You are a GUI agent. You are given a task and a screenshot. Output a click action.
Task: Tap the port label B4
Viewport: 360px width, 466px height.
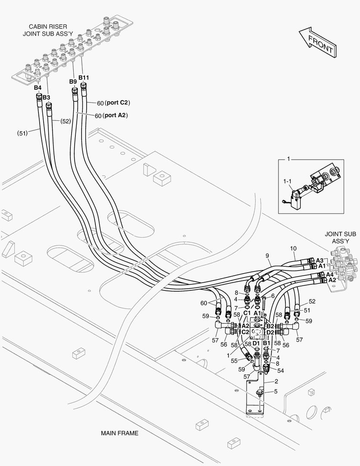click(x=38, y=88)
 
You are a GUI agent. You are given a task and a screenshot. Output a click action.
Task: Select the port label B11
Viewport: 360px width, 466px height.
click(x=84, y=78)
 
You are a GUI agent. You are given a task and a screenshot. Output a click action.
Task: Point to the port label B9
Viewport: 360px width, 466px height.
click(x=73, y=82)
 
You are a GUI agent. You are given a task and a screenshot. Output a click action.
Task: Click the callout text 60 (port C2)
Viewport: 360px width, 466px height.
click(x=113, y=103)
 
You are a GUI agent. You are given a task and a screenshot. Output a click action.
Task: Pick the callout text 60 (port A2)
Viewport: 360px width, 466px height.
click(x=111, y=115)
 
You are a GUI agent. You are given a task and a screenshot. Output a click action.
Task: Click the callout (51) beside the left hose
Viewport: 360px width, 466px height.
click(x=22, y=133)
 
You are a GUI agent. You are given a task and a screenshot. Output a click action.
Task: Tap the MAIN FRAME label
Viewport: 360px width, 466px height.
click(x=119, y=433)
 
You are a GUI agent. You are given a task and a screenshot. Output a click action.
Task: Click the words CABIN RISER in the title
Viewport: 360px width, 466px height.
click(x=47, y=26)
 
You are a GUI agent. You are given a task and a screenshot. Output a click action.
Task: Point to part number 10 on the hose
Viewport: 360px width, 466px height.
click(x=293, y=249)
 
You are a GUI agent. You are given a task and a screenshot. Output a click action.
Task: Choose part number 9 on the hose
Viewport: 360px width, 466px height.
click(x=268, y=255)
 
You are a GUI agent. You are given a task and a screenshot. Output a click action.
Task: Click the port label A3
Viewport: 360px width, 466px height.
click(x=319, y=260)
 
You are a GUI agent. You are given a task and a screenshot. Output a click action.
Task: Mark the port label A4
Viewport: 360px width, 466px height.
click(x=329, y=274)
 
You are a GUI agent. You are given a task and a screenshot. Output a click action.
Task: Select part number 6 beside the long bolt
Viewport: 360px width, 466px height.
click(x=273, y=296)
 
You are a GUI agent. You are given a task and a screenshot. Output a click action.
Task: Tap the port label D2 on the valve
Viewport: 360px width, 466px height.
click(x=270, y=332)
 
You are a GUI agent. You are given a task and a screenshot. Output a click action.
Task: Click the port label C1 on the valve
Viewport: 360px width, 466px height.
click(x=247, y=313)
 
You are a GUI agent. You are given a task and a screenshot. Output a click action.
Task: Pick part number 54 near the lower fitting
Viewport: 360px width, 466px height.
click(x=281, y=371)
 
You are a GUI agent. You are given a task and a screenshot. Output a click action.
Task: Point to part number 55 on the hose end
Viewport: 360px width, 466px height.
click(x=234, y=360)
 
